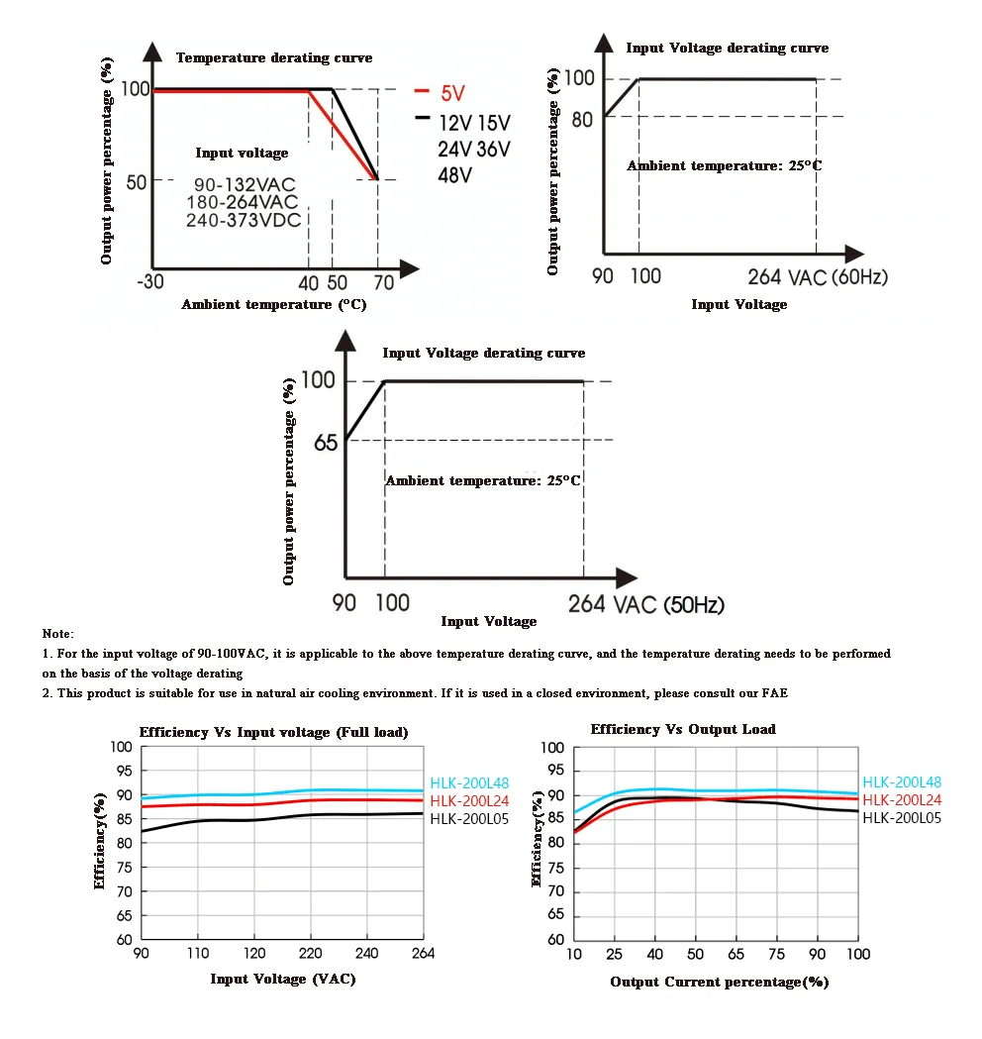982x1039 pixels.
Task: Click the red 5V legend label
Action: tap(453, 93)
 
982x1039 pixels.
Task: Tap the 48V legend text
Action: tap(455, 175)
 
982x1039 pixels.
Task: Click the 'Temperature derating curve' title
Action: tap(274, 57)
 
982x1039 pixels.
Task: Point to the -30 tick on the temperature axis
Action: tap(150, 281)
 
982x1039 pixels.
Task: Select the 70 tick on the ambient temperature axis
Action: tap(384, 283)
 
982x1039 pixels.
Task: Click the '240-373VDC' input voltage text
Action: tap(244, 220)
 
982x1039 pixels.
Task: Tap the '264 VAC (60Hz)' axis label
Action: tap(818, 276)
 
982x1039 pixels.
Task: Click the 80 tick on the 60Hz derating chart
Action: tap(582, 120)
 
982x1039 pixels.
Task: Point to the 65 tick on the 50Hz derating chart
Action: tap(326, 442)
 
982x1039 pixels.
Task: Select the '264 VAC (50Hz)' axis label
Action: tap(646, 604)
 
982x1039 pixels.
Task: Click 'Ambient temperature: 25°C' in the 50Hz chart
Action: tap(483, 480)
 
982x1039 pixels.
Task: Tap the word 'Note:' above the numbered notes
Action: tap(58, 634)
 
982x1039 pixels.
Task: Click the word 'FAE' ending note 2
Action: tap(775, 693)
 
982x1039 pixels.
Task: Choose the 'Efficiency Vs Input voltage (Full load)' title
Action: tap(273, 732)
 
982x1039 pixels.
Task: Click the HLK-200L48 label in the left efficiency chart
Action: tap(469, 783)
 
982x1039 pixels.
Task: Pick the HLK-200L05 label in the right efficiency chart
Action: tap(902, 818)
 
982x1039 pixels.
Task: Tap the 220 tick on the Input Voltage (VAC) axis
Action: tap(310, 953)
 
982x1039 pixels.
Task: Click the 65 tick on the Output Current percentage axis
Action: tap(736, 954)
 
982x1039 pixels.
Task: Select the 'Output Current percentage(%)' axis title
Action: tap(719, 982)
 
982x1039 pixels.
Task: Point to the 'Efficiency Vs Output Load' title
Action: tap(683, 729)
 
